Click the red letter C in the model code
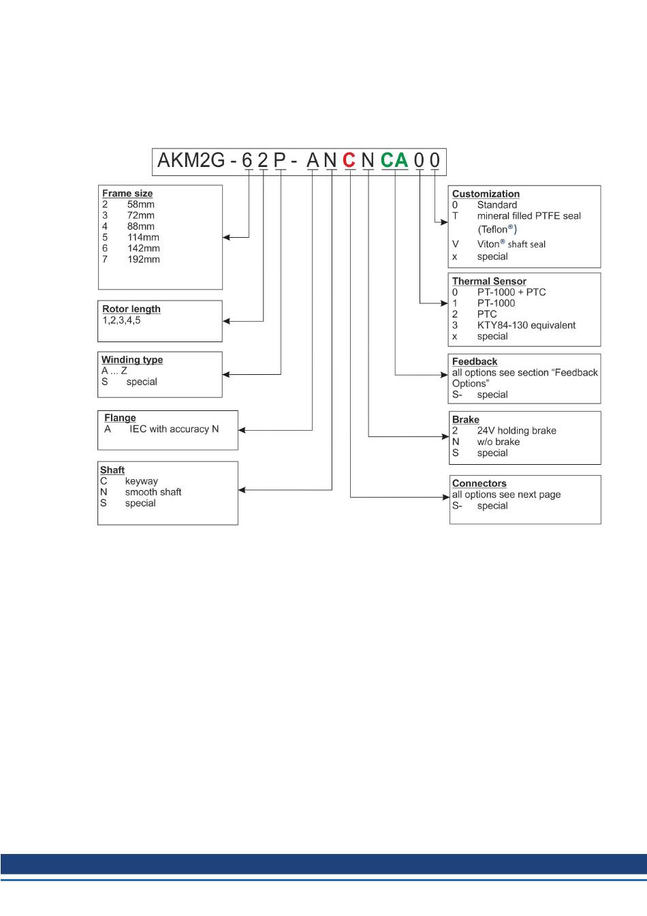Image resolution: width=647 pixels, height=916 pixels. click(349, 160)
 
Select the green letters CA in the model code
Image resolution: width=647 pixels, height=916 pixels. click(394, 160)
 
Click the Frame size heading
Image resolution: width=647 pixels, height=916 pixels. click(127, 194)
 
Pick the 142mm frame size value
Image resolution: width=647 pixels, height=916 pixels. click(144, 249)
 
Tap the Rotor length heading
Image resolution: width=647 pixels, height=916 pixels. click(131, 309)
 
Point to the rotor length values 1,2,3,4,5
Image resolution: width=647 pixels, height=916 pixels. click(121, 320)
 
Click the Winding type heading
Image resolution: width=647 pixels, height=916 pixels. click(132, 360)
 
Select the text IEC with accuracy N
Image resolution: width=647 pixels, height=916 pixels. click(174, 429)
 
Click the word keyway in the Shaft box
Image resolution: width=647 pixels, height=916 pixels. click(142, 481)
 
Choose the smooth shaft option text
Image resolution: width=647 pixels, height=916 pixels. click(153, 492)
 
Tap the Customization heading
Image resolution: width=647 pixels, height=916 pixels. click(486, 194)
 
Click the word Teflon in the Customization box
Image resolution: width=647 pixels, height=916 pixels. click(493, 230)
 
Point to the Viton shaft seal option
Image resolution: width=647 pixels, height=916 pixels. click(511, 244)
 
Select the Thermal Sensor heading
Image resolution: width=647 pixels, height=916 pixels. click(489, 281)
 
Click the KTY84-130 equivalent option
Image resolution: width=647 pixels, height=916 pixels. click(526, 326)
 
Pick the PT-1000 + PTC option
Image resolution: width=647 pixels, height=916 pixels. click(511, 292)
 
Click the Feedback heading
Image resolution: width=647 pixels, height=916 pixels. click(475, 362)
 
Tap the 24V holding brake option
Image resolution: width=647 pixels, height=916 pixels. click(516, 431)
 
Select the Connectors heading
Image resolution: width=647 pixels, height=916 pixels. click(479, 484)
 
